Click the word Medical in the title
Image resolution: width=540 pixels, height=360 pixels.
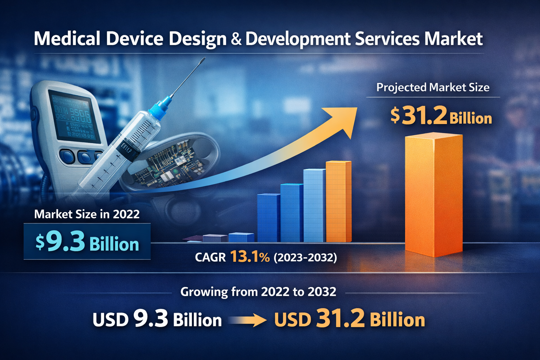point(67,39)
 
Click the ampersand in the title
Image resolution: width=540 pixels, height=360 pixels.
point(236,39)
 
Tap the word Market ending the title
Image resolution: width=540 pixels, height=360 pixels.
point(454,39)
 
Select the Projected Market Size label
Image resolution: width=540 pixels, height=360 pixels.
point(433,87)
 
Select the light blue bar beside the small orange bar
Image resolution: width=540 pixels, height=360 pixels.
point(314,206)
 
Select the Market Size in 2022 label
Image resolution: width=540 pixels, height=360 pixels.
point(87,214)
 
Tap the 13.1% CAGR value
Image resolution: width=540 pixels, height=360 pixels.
point(250,257)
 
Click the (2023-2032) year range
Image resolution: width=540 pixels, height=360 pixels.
point(305,258)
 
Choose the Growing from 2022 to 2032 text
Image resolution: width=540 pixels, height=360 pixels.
point(258,292)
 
